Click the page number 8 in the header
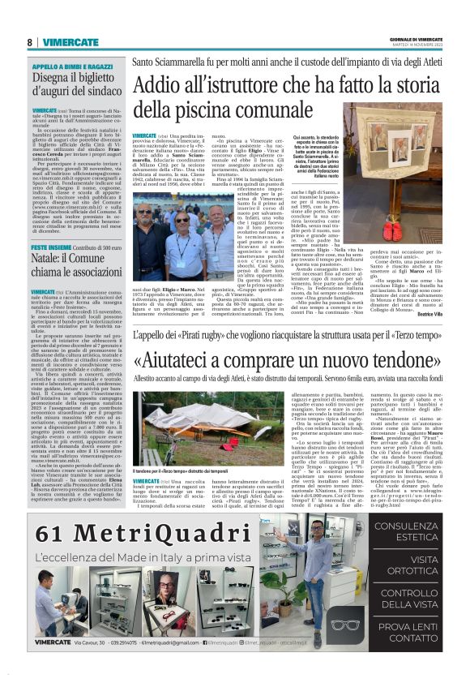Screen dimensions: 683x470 click(30, 42)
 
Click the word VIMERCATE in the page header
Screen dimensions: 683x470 click(70, 42)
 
